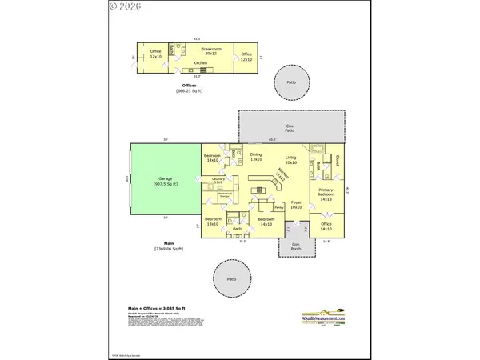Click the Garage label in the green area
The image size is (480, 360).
coord(166,178)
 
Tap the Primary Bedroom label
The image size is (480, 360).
coord(325,196)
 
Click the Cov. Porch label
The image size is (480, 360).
coord(295,246)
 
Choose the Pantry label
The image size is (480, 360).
coord(279,207)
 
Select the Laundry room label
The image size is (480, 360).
coord(218,181)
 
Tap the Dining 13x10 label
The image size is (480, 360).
coord(256,157)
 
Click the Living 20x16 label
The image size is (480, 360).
coord(290,160)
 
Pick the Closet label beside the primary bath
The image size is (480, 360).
coord(338,160)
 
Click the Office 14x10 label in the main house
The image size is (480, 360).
coord(326,226)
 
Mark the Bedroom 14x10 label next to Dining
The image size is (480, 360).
coord(212,158)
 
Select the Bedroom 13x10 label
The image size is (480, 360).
coord(212,221)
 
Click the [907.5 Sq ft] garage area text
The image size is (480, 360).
coord(166,184)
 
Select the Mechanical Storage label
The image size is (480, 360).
coord(225,194)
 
